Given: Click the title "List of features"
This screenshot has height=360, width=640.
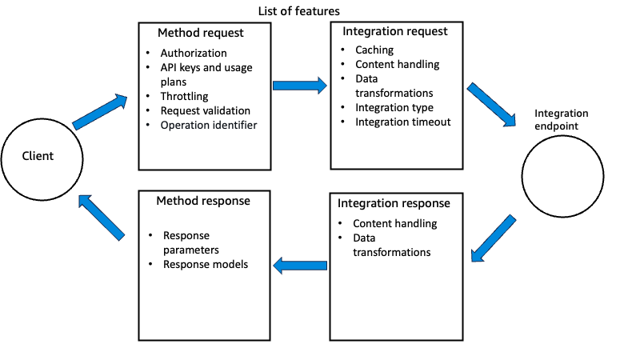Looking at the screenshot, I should click(298, 10).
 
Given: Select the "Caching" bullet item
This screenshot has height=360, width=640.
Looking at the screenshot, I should click(375, 50).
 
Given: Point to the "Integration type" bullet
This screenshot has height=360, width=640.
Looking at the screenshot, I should click(394, 107).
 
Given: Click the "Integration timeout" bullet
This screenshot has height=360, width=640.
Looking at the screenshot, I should click(403, 122).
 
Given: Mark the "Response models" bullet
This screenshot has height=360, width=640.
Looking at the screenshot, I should click(206, 264).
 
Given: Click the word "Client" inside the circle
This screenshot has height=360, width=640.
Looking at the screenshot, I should click(38, 155).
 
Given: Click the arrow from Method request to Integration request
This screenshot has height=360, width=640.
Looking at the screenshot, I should click(299, 84).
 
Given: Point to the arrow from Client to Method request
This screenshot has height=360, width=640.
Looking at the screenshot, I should click(101, 112).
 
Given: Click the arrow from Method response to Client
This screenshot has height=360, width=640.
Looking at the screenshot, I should click(101, 217).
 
